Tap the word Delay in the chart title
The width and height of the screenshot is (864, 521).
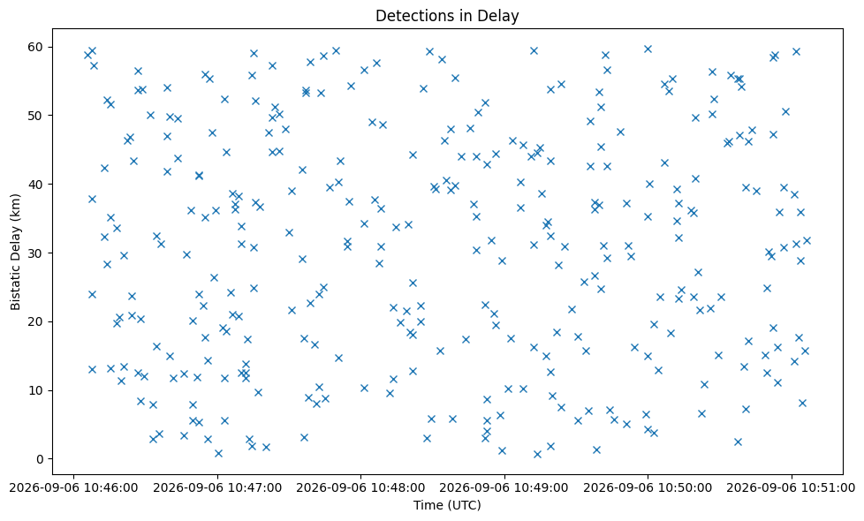pyautogui.click(x=501, y=16)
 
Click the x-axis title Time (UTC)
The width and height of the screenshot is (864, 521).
pyautogui.click(x=447, y=505)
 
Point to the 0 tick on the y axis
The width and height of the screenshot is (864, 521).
pyautogui.click(x=39, y=459)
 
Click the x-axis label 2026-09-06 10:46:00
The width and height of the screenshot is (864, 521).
pyautogui.click(x=74, y=488)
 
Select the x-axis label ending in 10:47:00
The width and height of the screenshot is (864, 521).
pyautogui.click(x=217, y=488)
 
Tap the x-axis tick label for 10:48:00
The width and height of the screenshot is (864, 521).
pyautogui.click(x=361, y=488)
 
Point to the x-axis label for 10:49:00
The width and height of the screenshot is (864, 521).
pyautogui.click(x=504, y=488)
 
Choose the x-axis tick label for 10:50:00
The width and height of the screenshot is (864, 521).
pyautogui.click(x=648, y=488)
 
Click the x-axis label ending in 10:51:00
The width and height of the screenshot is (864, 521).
pyautogui.click(x=792, y=488)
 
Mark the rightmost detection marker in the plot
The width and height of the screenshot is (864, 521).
pyautogui.click(x=807, y=241)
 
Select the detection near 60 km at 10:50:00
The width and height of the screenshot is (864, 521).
pyautogui.click(x=648, y=49)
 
